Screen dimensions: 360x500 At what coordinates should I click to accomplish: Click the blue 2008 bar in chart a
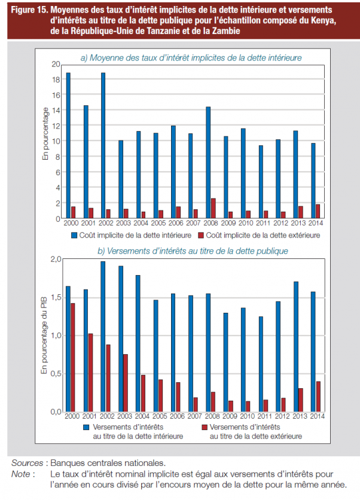click(x=208, y=163)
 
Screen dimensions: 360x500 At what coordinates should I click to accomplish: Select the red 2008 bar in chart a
click(x=213, y=209)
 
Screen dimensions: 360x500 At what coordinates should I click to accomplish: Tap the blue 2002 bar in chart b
click(x=103, y=336)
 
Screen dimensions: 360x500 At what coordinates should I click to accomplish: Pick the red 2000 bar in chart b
click(x=73, y=357)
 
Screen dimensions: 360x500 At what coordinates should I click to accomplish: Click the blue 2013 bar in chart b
click(x=296, y=347)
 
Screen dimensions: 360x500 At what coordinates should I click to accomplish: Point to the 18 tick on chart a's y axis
click(x=56, y=80)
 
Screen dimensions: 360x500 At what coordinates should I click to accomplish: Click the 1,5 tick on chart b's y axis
click(x=56, y=297)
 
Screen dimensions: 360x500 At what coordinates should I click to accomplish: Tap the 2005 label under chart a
click(x=158, y=223)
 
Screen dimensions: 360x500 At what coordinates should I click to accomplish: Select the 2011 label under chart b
click(x=265, y=416)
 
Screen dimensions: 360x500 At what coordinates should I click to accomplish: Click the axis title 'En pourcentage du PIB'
click(x=44, y=336)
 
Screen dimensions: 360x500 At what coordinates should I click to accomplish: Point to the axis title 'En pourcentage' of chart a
click(x=45, y=134)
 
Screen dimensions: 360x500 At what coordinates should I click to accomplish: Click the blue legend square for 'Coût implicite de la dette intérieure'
click(x=74, y=235)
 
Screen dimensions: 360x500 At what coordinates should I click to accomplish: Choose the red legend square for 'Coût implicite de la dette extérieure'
click(x=200, y=235)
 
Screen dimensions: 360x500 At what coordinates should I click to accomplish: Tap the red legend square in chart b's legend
click(x=205, y=427)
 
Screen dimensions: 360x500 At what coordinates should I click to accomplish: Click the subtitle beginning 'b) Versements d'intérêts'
click(x=193, y=251)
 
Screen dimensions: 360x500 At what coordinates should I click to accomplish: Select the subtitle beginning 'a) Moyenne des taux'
click(x=191, y=58)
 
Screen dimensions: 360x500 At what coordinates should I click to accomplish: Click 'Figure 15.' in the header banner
click(x=29, y=10)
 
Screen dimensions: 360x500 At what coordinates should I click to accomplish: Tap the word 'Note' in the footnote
click(x=21, y=474)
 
